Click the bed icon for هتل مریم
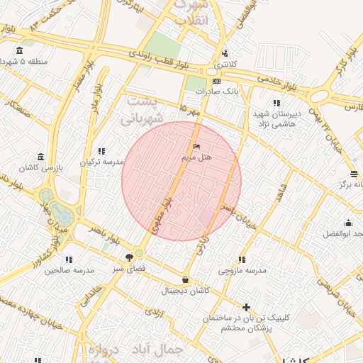196,147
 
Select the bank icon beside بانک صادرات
216,81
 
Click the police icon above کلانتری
225,52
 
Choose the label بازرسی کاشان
40,167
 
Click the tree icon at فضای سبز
129,257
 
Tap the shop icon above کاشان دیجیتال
186,280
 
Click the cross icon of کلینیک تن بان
246,307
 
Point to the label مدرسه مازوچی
242,271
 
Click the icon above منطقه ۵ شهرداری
18,50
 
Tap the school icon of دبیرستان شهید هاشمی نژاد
275,104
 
